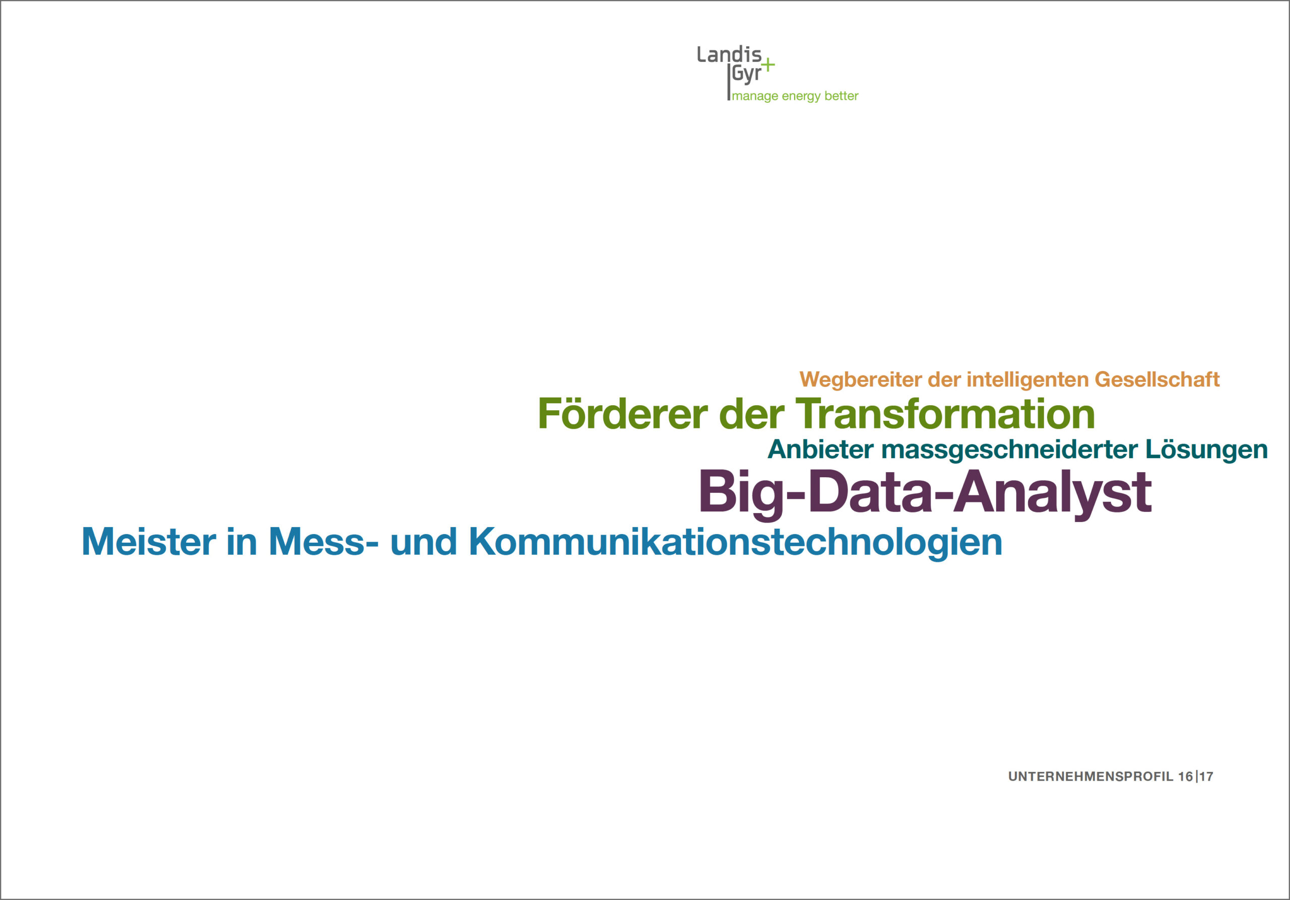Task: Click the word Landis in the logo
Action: tap(729, 54)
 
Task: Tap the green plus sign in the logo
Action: tap(767, 65)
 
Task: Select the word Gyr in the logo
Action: tap(746, 74)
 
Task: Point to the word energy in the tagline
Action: tap(801, 97)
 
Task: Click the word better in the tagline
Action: tap(841, 96)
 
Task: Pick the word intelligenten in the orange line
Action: tap(1027, 380)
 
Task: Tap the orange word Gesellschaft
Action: tap(1157, 379)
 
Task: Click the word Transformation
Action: tap(945, 414)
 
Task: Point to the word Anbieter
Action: tap(821, 449)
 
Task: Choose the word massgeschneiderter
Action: tap(1010, 450)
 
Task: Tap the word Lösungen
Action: tap(1206, 450)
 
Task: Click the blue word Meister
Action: tap(149, 542)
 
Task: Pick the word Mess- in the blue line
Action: tap(324, 542)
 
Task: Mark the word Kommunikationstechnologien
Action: tap(736, 543)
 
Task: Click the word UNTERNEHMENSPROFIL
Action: tap(1090, 777)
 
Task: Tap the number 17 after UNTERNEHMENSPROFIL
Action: tap(1206, 777)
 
